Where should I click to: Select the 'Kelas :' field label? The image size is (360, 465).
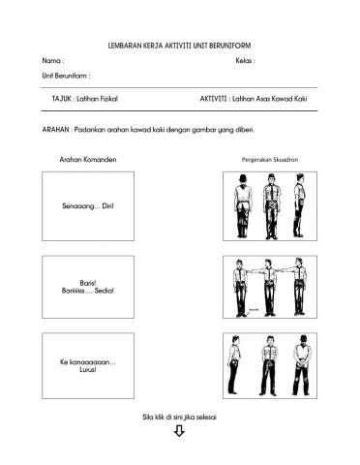pyautogui.click(x=245, y=60)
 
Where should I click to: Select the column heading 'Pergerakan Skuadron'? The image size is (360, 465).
pyautogui.click(x=268, y=159)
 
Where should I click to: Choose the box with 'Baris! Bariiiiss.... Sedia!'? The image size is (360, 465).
pyautogui.click(x=89, y=287)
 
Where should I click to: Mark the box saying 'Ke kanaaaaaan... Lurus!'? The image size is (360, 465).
pyautogui.click(x=89, y=366)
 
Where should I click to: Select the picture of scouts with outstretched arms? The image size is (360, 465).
pyautogui.click(x=269, y=287)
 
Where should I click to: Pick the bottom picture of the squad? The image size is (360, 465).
pyautogui.click(x=269, y=366)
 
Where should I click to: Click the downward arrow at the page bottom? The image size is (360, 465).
pyautogui.click(x=179, y=431)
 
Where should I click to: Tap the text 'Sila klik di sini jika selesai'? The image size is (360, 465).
pyautogui.click(x=179, y=416)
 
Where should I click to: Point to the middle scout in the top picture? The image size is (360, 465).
pyautogui.click(x=268, y=206)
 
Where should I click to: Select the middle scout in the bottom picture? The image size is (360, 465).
pyautogui.click(x=268, y=366)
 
